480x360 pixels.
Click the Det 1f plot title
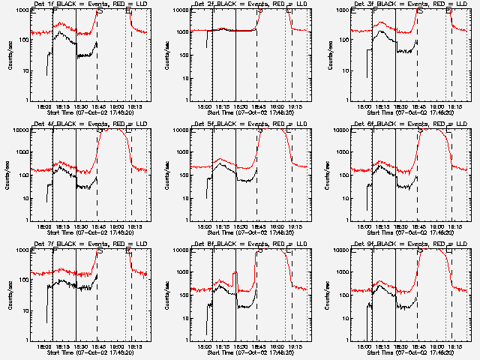coord(90,4)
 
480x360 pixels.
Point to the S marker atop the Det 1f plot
coord(100,10)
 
